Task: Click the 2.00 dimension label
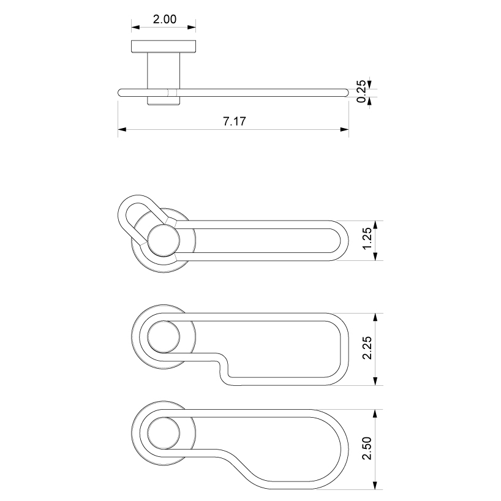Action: pos(164,19)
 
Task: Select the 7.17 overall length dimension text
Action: pos(233,121)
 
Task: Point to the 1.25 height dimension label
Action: pos(366,240)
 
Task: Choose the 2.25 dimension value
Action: pos(366,349)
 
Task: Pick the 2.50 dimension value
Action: pos(366,449)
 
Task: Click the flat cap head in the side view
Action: pos(164,47)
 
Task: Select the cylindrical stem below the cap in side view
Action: pos(164,70)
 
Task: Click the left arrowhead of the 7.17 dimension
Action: pos(122,129)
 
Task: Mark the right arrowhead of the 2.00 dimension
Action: pos(192,27)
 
